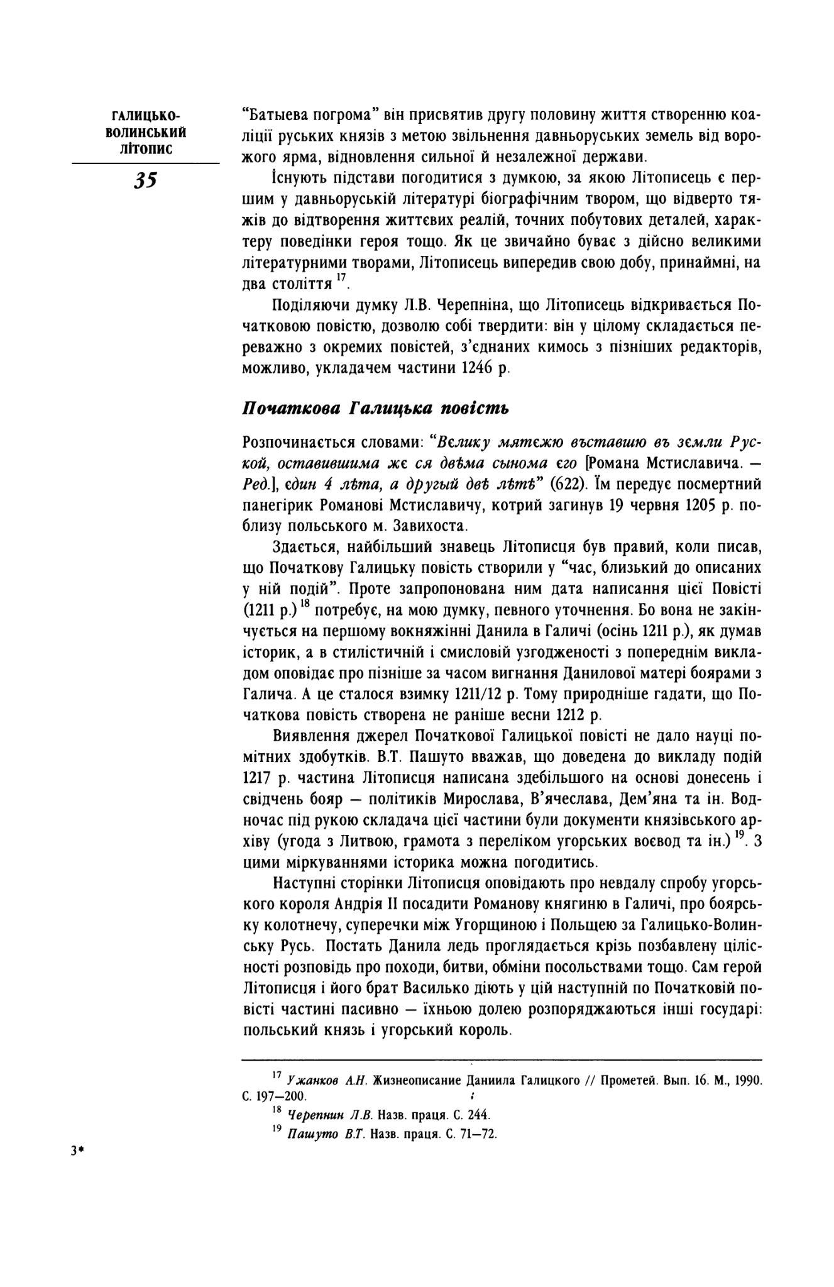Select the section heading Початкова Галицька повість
[375, 409]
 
